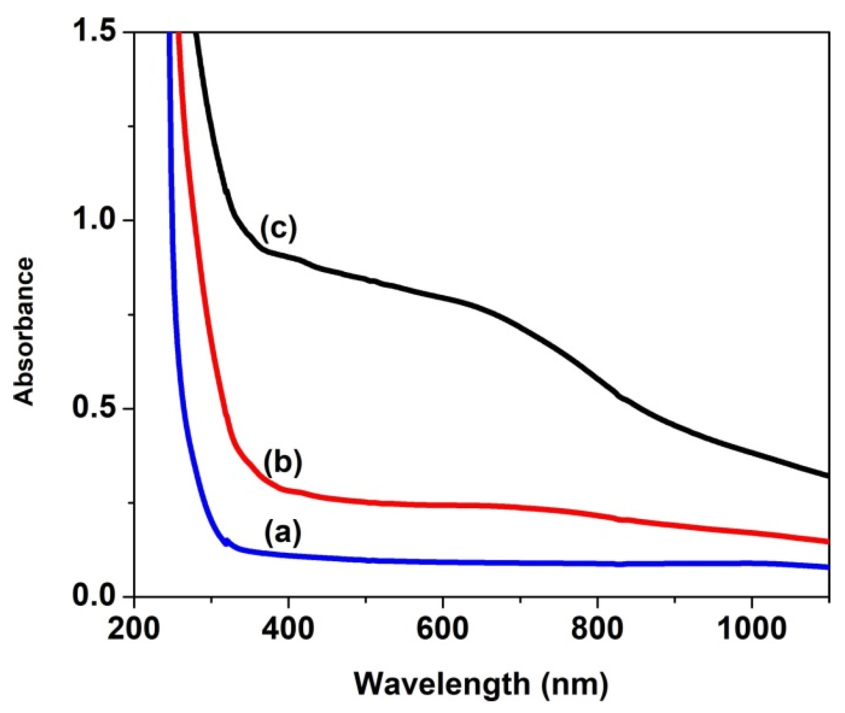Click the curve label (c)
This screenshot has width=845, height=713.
click(x=279, y=229)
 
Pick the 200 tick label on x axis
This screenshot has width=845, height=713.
click(x=134, y=628)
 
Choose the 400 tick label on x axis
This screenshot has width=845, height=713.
click(x=288, y=628)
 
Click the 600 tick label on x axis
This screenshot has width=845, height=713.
click(x=442, y=628)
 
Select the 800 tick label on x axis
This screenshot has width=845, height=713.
click(x=597, y=628)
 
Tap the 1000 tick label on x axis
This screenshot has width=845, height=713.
click(x=751, y=628)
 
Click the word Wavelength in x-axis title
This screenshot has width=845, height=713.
click(x=442, y=684)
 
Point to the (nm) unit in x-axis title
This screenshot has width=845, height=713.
click(x=574, y=684)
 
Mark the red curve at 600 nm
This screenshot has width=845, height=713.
click(x=442, y=505)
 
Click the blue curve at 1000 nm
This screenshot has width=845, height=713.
click(x=751, y=563)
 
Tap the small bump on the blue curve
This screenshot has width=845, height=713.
click(x=227, y=541)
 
